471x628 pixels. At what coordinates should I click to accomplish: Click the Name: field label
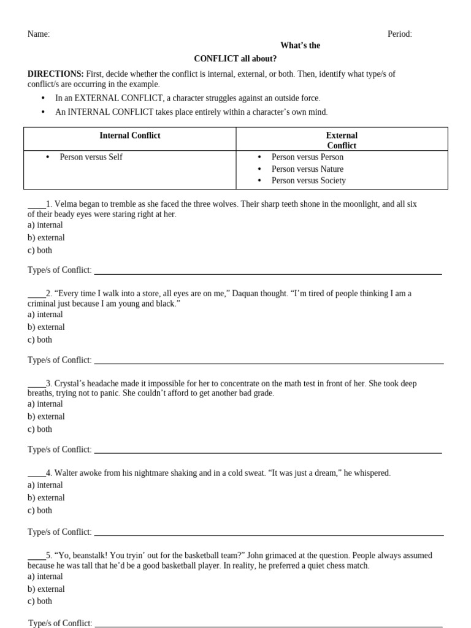(x=39, y=34)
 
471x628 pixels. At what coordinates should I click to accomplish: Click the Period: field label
(x=399, y=34)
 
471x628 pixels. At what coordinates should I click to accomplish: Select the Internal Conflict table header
(x=130, y=136)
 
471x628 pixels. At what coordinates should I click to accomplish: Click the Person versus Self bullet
(x=91, y=157)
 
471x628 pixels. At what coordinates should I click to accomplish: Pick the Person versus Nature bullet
(x=307, y=169)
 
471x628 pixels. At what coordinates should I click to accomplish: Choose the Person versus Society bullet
(x=308, y=180)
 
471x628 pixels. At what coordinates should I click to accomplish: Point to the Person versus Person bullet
(x=307, y=157)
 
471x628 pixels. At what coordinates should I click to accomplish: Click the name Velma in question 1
(x=67, y=204)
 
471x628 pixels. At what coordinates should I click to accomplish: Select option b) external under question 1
(x=46, y=237)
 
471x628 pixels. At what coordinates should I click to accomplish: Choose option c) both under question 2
(x=40, y=340)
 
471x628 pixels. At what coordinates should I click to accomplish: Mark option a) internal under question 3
(x=45, y=404)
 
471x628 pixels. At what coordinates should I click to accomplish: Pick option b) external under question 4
(x=46, y=498)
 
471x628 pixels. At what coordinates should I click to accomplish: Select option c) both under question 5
(x=40, y=601)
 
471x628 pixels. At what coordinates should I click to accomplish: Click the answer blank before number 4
(x=36, y=474)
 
